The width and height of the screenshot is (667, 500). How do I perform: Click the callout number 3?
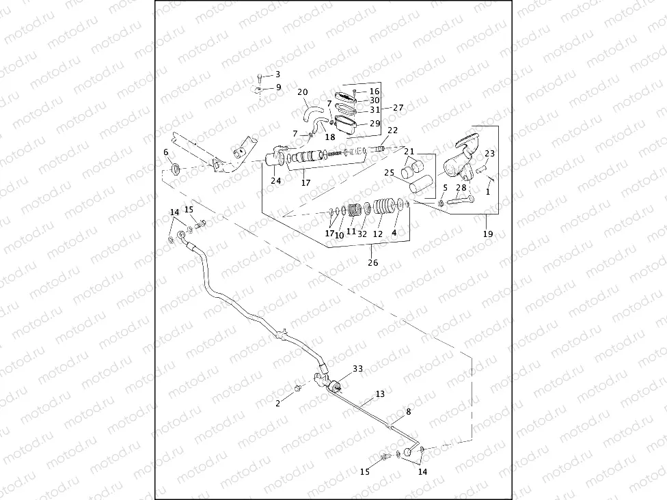(278, 74)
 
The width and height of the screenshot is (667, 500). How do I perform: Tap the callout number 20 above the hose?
(303, 92)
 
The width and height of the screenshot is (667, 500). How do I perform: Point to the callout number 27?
(398, 108)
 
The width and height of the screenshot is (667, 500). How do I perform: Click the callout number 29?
(375, 124)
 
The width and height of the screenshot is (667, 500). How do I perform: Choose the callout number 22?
(393, 130)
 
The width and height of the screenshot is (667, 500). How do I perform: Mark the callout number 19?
(487, 234)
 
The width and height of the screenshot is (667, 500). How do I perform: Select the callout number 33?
(357, 369)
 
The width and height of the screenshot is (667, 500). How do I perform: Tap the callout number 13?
(380, 393)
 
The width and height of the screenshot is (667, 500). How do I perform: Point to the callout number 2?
(278, 404)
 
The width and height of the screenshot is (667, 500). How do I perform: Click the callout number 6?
(165, 152)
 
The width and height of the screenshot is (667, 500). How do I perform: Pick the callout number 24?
(275, 181)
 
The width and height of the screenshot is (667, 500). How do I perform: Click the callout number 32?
(362, 233)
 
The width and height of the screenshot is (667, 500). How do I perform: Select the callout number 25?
(389, 173)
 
